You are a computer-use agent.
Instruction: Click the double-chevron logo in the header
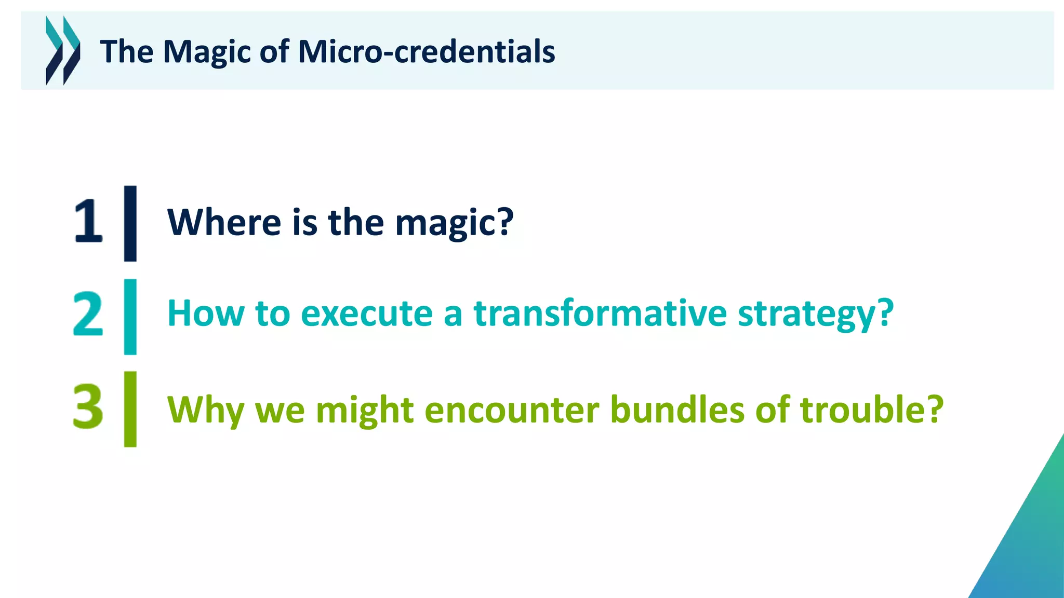coord(63,50)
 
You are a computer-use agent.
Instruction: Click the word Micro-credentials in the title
coord(426,52)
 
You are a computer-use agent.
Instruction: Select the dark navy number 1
coord(88,222)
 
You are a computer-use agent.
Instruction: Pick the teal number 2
coord(88,314)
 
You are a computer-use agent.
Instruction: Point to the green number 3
coord(88,407)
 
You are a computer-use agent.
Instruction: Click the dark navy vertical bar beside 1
coord(130,223)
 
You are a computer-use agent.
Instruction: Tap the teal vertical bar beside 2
coord(130,317)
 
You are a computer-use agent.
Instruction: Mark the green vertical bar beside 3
coord(130,409)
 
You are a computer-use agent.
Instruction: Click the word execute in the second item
coord(366,314)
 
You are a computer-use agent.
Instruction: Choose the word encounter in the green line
coord(512,410)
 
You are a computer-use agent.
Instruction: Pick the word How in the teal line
coord(206,314)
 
